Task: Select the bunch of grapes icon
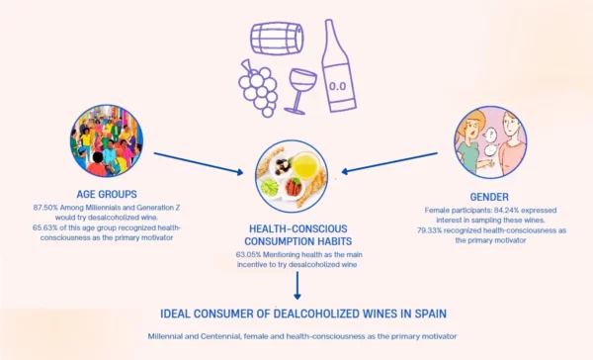point(259,86)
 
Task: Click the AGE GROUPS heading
point(107,193)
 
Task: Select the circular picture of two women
point(489,142)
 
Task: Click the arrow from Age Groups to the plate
point(198,162)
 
